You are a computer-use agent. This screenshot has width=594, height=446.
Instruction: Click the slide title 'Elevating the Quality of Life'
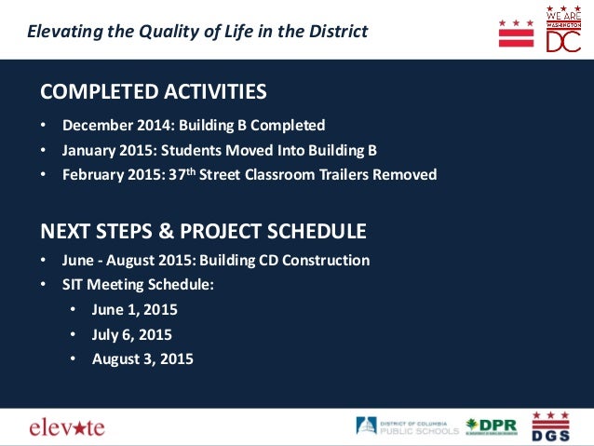click(x=197, y=32)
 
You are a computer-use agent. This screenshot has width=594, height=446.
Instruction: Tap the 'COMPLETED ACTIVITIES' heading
click(x=154, y=91)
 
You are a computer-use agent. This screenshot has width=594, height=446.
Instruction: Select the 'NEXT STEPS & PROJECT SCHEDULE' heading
click(x=203, y=231)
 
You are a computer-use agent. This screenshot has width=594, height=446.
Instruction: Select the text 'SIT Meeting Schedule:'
click(x=139, y=285)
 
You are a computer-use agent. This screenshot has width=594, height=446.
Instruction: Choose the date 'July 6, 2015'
click(x=131, y=334)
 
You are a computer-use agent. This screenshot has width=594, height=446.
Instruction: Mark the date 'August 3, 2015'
click(x=142, y=358)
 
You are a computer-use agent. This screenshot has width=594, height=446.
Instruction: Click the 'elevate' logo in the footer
click(x=67, y=427)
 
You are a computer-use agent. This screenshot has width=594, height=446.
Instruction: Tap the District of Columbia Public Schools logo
click(x=407, y=426)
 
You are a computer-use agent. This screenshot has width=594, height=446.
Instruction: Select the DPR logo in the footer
click(x=492, y=426)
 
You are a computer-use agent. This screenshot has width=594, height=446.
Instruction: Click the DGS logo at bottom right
click(x=550, y=426)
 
